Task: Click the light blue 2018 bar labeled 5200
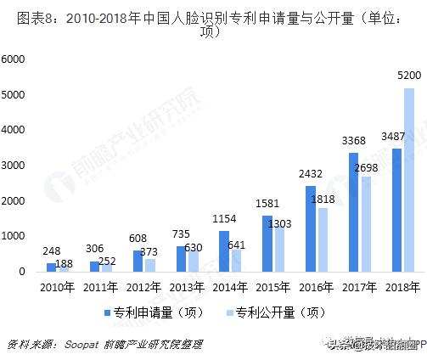[x=409, y=180]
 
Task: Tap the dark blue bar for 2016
[x=311, y=228]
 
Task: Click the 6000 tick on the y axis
[x=14, y=59]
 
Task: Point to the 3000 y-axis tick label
[x=14, y=165]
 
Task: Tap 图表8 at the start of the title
[x=22, y=18]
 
